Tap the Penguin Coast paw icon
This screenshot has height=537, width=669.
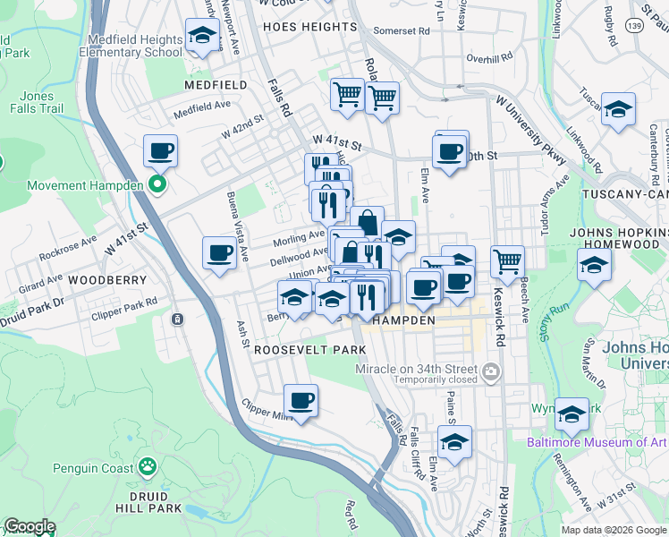click(147, 466)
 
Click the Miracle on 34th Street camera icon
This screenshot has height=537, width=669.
click(490, 371)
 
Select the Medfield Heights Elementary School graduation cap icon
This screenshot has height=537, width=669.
click(202, 37)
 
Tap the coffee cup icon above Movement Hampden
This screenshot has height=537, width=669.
click(160, 150)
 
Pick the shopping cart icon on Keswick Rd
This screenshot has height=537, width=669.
click(507, 261)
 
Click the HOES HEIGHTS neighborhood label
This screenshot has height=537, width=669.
click(310, 27)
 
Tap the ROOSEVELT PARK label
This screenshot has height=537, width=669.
click(309, 349)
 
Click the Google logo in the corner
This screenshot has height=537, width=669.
click(29, 526)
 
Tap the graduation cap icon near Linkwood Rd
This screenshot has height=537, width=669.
click(618, 110)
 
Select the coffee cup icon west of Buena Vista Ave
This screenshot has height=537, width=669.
click(219, 253)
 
